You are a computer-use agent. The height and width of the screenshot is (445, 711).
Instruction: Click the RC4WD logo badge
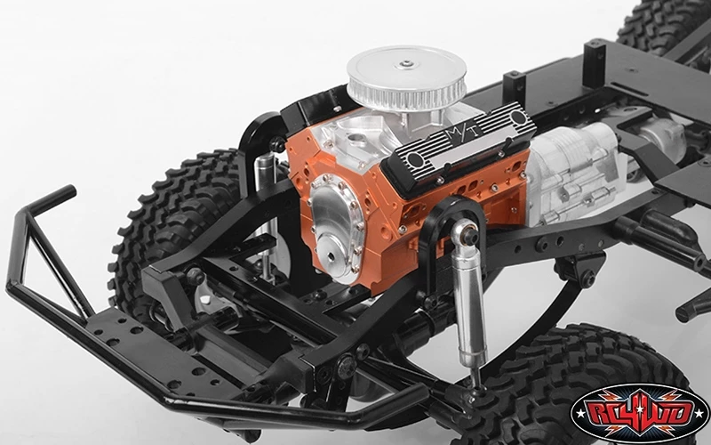(x=639, y=414)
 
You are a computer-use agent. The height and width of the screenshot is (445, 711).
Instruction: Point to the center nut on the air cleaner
(x=406, y=64)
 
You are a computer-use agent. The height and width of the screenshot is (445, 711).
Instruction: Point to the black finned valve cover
(x=458, y=148)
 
